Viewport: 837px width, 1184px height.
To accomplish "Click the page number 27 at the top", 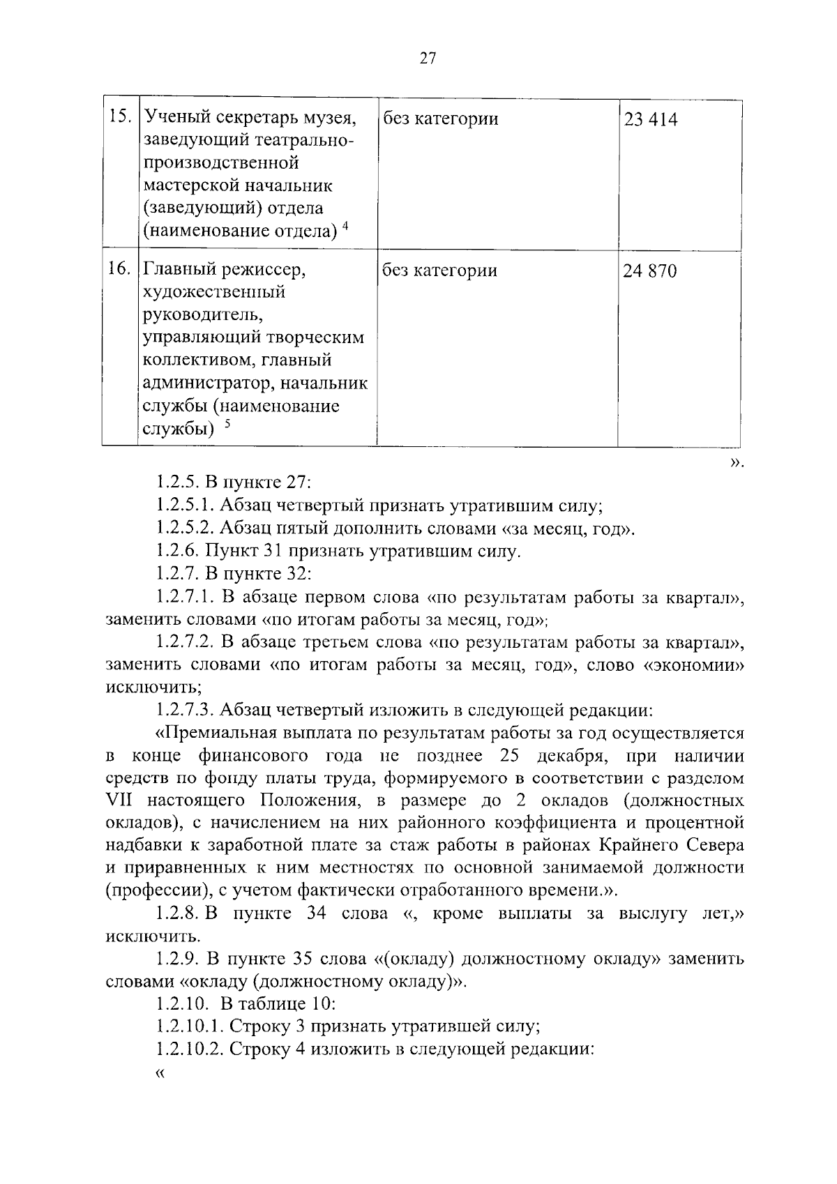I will (428, 59).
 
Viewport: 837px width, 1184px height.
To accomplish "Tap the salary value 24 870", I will (650, 271).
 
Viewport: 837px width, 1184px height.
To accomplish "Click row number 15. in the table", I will (121, 117).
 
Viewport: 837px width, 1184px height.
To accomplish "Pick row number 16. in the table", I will (121, 268).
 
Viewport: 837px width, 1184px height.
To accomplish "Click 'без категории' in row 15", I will (440, 119).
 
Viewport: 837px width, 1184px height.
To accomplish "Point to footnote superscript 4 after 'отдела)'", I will (345, 225).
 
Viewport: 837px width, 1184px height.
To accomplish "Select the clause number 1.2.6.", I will (178, 552).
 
